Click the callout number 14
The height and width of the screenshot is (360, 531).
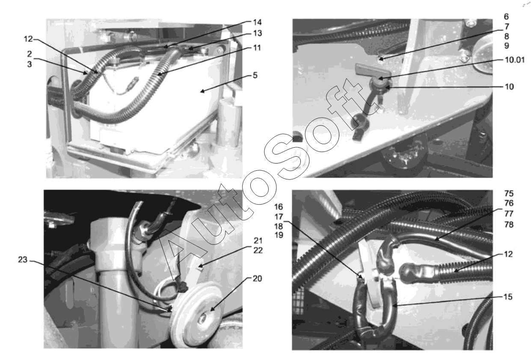point(257,22)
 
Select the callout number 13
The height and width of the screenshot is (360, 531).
point(257,33)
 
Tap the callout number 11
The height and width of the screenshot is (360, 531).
point(257,48)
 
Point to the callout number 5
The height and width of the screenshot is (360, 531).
point(255,75)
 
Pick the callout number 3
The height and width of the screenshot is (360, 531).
point(30,64)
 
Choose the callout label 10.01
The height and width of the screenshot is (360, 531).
point(515,60)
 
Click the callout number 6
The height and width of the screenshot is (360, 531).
point(506,17)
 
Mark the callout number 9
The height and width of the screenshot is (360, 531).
point(506,46)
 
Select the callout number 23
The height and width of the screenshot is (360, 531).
point(23,260)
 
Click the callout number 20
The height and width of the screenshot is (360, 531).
point(257,278)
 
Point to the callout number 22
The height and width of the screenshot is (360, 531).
point(258,250)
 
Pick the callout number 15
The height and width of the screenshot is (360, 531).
point(508,297)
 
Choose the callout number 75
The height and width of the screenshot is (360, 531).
point(509,193)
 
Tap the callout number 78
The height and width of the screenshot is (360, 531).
point(509,224)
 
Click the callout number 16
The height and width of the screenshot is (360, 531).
point(279,207)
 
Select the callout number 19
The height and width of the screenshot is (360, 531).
point(279,235)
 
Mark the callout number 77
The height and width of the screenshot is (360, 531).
point(509,214)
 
